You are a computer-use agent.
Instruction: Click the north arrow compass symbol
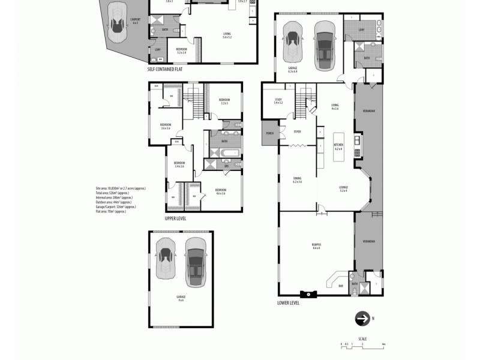[363, 319]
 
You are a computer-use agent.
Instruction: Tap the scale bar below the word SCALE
[362, 345]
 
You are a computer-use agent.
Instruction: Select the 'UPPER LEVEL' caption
[175, 218]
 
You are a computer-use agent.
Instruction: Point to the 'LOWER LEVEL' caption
[288, 303]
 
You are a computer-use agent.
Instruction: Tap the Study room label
[278, 101]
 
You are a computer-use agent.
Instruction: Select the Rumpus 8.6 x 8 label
[316, 246]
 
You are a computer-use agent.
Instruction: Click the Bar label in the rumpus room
[341, 286]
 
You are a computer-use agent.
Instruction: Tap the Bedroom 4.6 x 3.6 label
[220, 191]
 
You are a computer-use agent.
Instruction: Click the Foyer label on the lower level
[297, 131]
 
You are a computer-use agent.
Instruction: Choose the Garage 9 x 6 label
[181, 298]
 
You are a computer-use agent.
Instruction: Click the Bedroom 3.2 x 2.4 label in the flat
[181, 50]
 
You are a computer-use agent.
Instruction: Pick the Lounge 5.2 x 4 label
[344, 188]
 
